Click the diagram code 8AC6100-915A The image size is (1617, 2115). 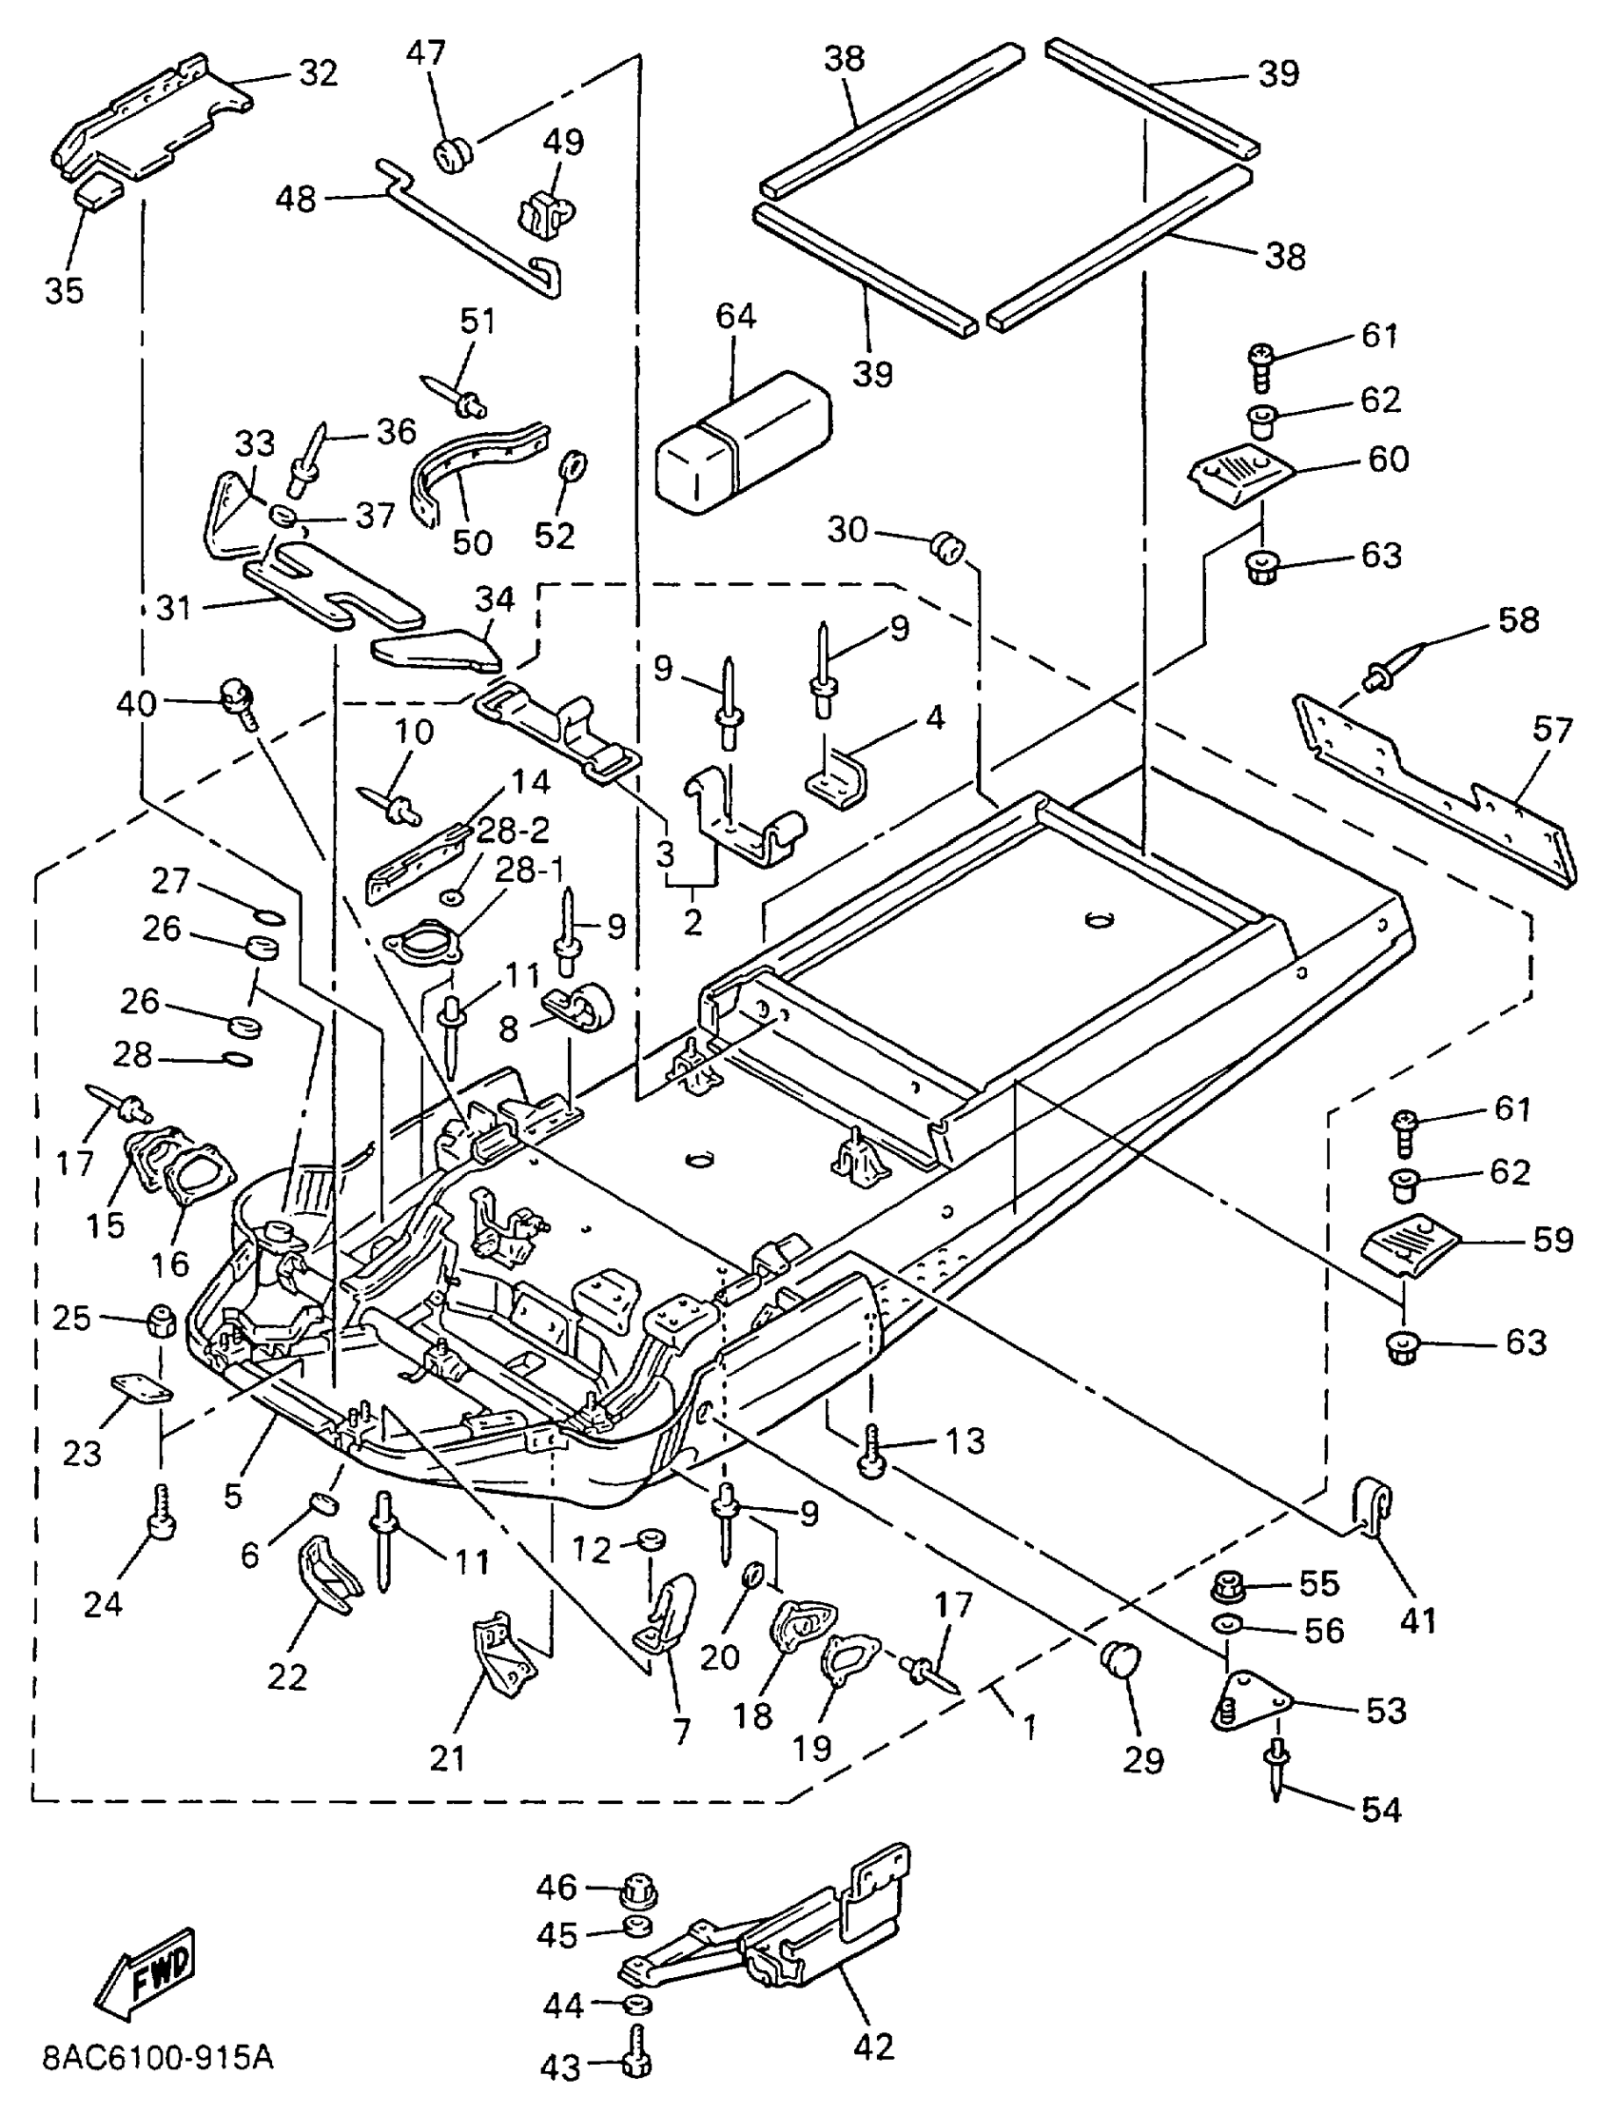(158, 2057)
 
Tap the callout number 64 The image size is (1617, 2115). (735, 317)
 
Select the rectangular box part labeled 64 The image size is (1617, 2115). (742, 439)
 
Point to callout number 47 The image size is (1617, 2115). (425, 53)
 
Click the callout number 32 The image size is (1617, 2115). (318, 73)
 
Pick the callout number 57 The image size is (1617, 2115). (1551, 731)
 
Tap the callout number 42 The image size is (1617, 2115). (873, 2046)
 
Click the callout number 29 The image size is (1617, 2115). (1143, 1761)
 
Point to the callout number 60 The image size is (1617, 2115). (1388, 460)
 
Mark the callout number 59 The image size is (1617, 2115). (1552, 1240)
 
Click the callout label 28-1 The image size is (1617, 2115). (530, 871)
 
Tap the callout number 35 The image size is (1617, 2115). (64, 291)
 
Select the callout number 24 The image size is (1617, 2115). (103, 1603)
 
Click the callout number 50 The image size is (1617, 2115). (472, 543)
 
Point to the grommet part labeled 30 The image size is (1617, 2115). (947, 549)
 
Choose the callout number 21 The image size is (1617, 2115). (448, 1758)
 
